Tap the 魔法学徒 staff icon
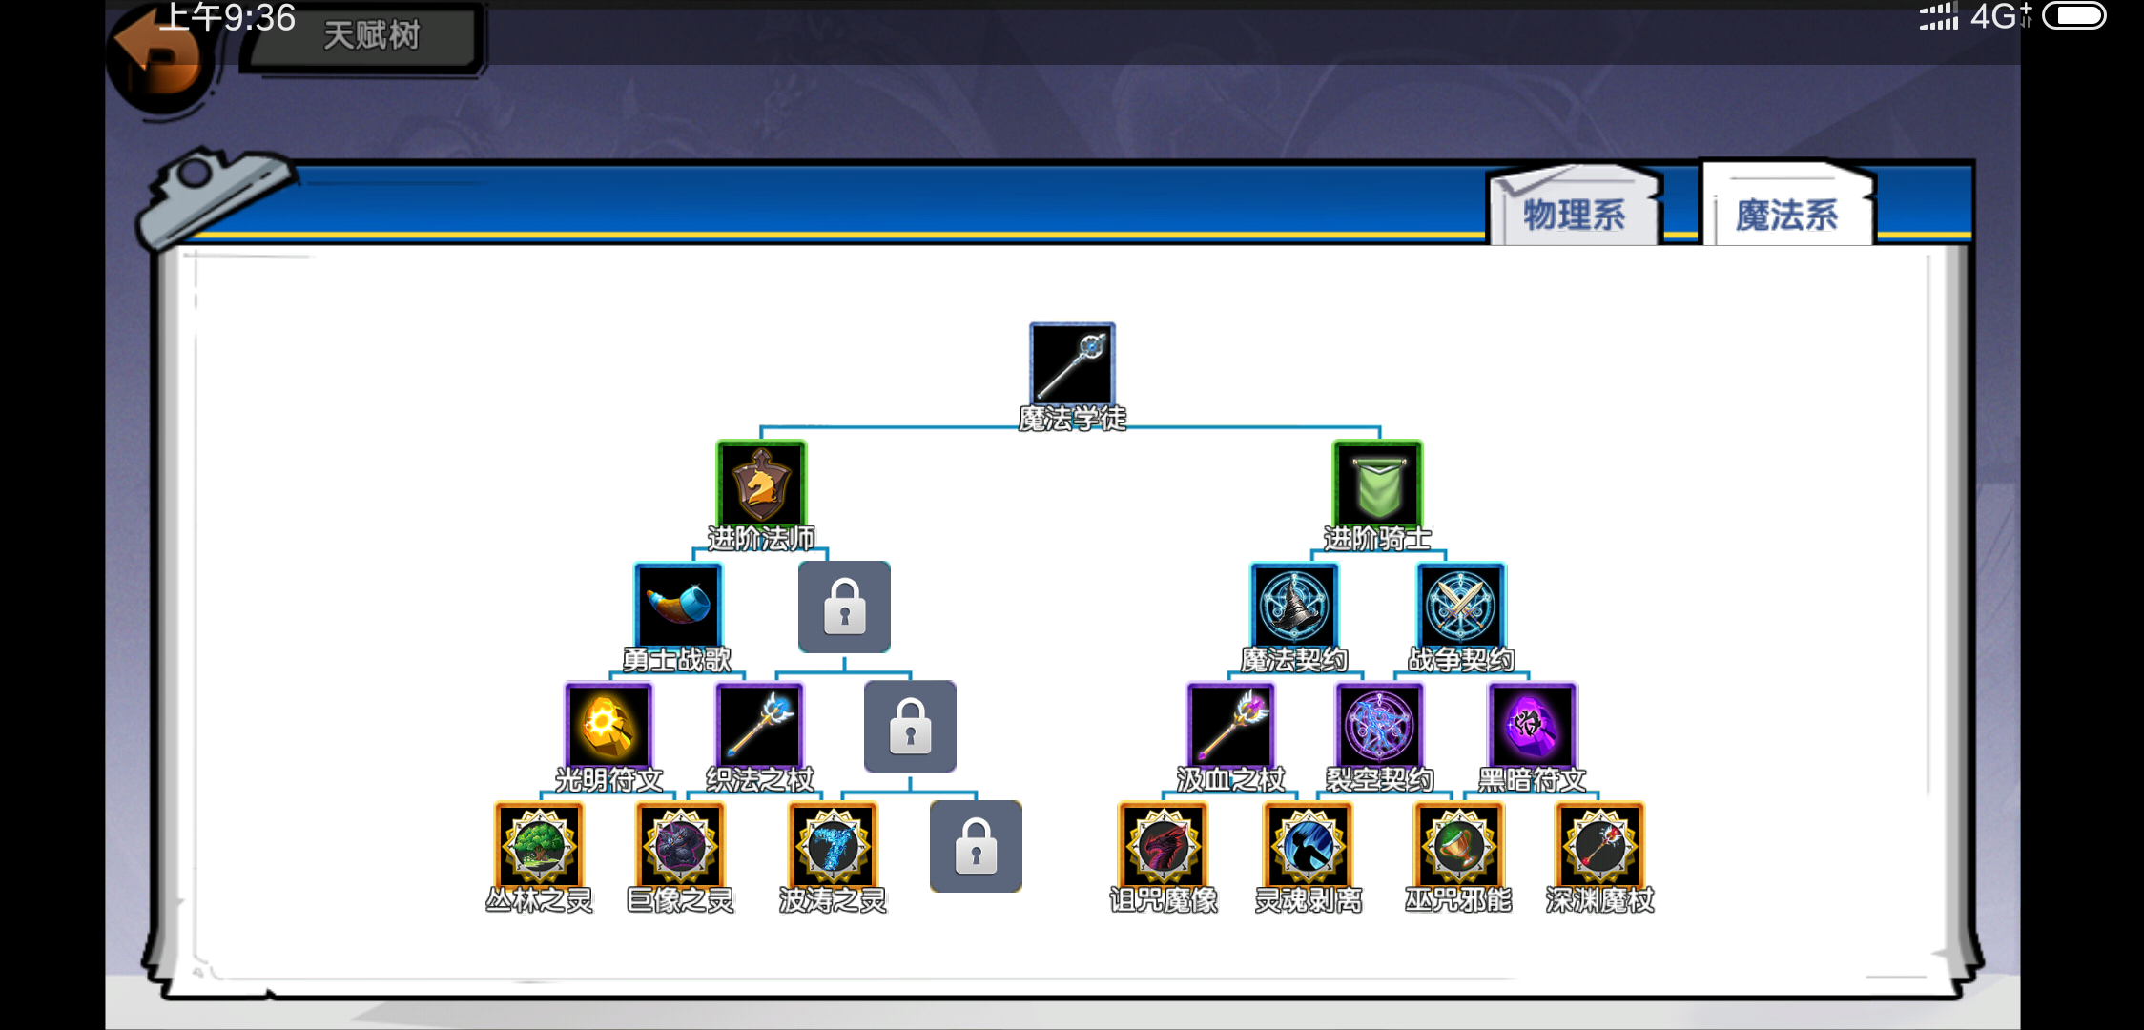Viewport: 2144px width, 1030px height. [1072, 364]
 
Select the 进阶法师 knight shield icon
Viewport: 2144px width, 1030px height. [761, 484]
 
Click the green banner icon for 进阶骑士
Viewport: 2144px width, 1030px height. [1377, 484]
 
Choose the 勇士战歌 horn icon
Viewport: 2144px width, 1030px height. [678, 606]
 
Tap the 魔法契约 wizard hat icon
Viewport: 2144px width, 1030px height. [1294, 606]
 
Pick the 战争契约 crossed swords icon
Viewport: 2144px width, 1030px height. [1460, 606]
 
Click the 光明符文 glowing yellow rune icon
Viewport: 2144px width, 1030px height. [608, 726]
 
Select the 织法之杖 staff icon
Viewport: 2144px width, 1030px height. [760, 726]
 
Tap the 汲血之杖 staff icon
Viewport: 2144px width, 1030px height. [1230, 726]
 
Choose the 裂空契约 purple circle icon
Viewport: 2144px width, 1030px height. [1379, 726]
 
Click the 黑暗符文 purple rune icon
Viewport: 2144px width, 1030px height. [1532, 726]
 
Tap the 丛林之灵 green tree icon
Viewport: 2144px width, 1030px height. [539, 846]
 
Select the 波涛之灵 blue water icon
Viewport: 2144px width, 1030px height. [833, 846]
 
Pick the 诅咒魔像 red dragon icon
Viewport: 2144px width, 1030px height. [1163, 846]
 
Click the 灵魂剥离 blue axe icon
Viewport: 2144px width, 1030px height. [1308, 846]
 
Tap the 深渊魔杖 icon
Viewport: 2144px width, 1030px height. [1599, 846]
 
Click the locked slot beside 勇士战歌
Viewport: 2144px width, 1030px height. [844, 607]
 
